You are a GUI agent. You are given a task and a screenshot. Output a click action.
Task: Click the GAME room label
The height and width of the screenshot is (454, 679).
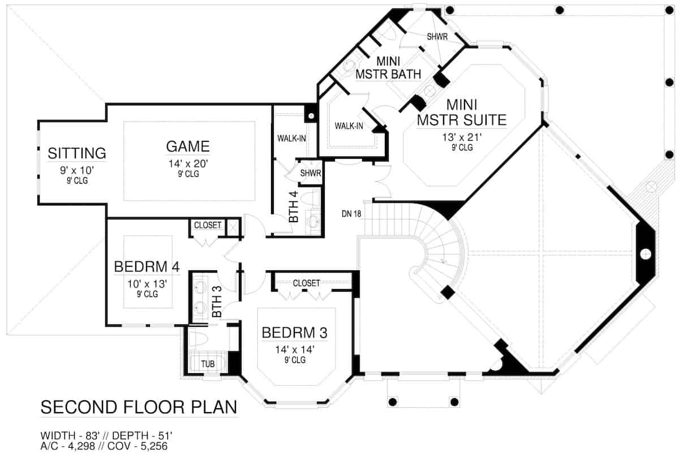pos(188,146)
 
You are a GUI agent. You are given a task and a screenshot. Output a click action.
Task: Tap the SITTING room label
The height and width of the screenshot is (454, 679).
pos(77,153)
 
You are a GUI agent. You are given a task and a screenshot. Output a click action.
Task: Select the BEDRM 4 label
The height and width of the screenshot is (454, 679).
pos(147,266)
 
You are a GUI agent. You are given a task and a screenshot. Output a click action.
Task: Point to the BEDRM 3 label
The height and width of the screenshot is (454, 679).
pos(294,333)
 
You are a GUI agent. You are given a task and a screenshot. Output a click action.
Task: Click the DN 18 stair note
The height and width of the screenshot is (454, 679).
pos(351,214)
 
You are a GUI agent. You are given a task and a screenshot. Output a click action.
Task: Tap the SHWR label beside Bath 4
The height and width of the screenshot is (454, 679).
pos(311,173)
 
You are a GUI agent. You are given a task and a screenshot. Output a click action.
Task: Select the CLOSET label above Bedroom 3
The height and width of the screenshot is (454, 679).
pos(306,283)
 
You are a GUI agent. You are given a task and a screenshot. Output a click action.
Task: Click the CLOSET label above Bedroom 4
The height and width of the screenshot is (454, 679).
pos(208,225)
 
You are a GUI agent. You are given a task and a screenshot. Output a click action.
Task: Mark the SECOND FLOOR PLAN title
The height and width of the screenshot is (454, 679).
pos(139,408)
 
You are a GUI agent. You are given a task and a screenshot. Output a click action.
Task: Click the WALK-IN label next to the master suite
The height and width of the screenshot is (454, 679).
pos(349,126)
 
